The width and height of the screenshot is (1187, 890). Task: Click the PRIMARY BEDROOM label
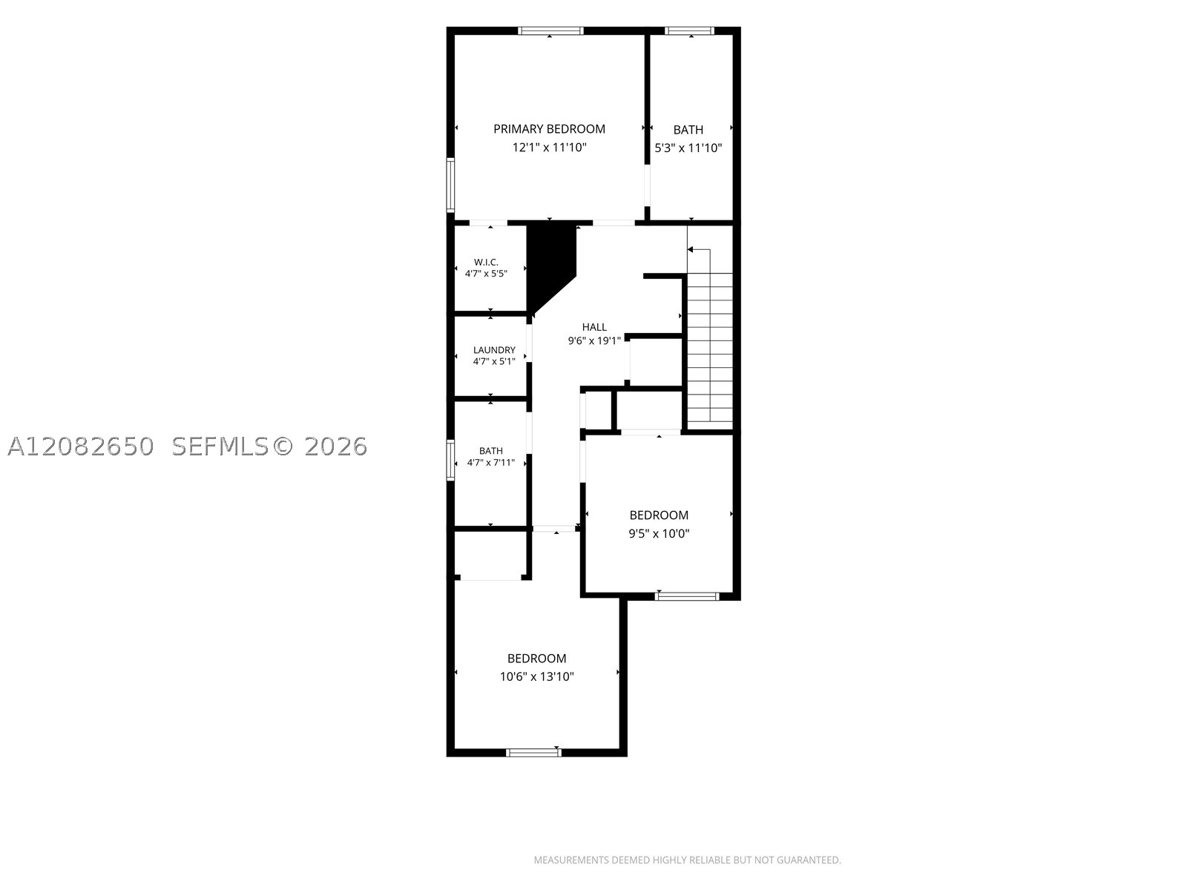549,129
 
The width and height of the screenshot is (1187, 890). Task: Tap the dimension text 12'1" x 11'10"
550,148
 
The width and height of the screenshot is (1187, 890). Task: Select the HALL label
594,327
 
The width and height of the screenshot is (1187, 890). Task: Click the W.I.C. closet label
486,262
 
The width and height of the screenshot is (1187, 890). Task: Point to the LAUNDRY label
494,350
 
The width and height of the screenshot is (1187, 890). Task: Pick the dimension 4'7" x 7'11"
491,463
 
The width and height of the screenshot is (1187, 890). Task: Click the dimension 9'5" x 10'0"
659,534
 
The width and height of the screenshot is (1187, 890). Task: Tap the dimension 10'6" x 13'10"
536,676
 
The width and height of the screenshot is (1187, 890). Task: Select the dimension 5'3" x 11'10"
688,148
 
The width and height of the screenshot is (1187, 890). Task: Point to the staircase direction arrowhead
690,250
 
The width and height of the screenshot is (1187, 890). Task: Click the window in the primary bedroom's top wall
550,31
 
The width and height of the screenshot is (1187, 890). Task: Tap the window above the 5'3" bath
689,31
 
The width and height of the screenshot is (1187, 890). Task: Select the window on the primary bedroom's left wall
450,185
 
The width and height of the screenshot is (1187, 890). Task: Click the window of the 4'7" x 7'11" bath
450,461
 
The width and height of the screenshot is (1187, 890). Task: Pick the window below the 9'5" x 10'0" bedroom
687,596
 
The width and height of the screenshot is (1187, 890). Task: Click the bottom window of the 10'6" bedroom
533,753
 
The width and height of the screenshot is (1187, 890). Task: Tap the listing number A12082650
81,447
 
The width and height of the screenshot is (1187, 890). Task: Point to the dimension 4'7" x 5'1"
494,361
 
